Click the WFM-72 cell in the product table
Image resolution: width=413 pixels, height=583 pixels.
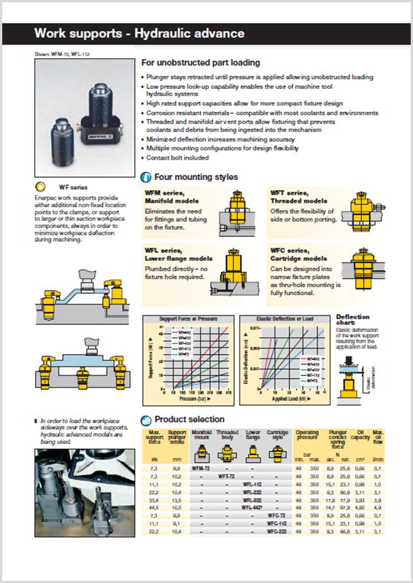pyautogui.click(x=201, y=466)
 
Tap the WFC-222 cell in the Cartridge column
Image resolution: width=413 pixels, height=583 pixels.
pyautogui.click(x=277, y=532)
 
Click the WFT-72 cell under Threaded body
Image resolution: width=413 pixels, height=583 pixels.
pyautogui.click(x=227, y=475)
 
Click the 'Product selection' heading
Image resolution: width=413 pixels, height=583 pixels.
pyautogui.click(x=189, y=419)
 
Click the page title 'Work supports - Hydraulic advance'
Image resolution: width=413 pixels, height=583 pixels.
pyautogui.click(x=139, y=34)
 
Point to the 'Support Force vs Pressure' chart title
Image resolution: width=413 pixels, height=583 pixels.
pyautogui.click(x=188, y=319)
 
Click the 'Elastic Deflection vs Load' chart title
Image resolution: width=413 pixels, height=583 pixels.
pyautogui.click(x=285, y=319)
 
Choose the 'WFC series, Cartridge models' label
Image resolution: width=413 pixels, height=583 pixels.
pyautogui.click(x=298, y=254)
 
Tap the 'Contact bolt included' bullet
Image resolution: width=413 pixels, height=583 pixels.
pyautogui.click(x=178, y=157)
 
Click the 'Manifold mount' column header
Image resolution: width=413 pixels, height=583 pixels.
pyautogui.click(x=201, y=435)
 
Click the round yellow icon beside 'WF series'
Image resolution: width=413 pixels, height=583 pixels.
pyautogui.click(x=43, y=187)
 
